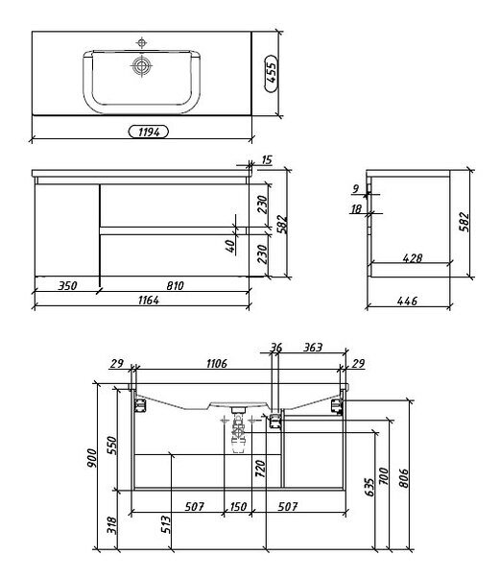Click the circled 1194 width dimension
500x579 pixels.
click(149, 132)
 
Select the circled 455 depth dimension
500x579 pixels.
click(272, 74)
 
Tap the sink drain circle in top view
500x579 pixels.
click(141, 66)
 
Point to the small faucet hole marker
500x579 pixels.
click(141, 43)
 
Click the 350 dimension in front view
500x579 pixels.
click(67, 285)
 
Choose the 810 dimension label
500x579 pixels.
click(175, 285)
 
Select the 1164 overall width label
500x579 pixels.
click(149, 301)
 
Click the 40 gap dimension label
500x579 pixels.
click(230, 246)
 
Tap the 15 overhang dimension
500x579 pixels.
click(267, 160)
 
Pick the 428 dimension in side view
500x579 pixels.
click(412, 257)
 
